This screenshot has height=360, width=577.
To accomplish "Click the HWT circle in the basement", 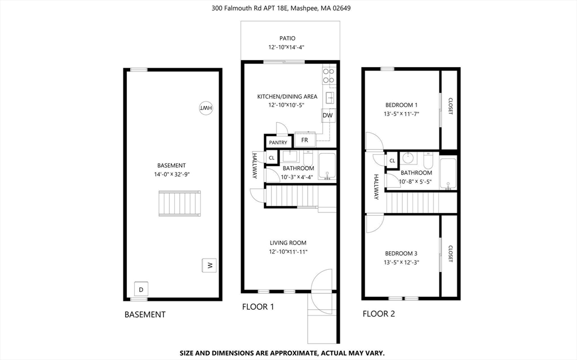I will tap(206, 108).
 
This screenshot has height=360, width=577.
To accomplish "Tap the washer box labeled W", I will tap(209, 265).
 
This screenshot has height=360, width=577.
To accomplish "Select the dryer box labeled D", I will tap(141, 290).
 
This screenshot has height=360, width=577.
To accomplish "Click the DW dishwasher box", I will tap(328, 116).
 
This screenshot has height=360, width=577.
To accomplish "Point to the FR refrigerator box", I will tap(304, 140).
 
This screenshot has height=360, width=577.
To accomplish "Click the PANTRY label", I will tap(278, 143).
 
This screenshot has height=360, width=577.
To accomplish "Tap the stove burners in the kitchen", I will tap(329, 75).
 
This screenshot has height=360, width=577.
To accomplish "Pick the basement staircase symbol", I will tap(180, 204).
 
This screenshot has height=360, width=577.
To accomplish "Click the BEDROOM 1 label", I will tap(401, 105).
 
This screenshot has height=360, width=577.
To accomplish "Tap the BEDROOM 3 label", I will tap(401, 254).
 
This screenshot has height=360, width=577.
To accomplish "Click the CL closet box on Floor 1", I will tap(271, 158).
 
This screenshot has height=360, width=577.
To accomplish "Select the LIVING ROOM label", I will tap(287, 243).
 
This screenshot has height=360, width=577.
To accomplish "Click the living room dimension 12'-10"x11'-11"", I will tap(288, 252).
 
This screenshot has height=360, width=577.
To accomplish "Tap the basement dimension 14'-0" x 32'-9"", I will tap(171, 175).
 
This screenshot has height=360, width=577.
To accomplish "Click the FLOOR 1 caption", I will tap(258, 307).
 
